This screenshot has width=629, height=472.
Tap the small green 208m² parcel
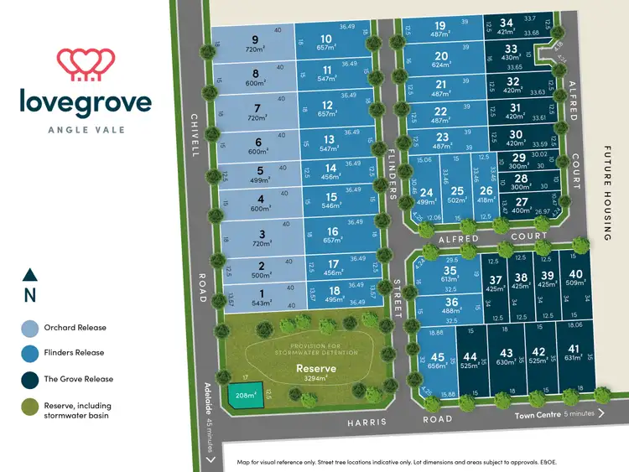coord(245,396)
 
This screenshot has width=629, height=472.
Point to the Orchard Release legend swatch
coord(30,328)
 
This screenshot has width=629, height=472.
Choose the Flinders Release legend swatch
coord(30,353)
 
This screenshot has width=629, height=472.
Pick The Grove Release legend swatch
coord(30,379)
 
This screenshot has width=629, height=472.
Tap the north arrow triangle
coord(30,274)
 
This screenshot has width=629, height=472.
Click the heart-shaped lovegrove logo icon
coord(86,63)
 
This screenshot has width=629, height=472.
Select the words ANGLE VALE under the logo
coord(86,130)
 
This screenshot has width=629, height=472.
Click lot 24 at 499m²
coord(426,195)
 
